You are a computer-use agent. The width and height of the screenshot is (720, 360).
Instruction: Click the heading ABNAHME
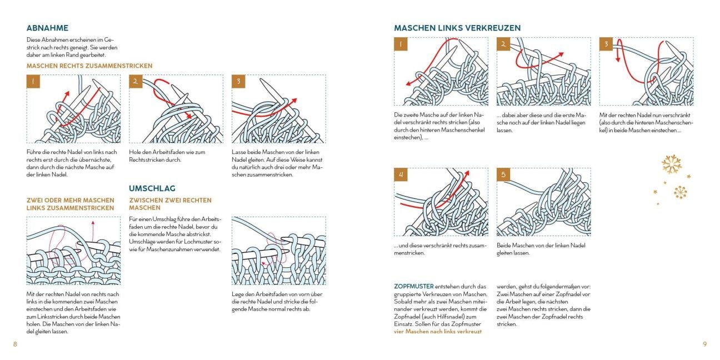pos(47,28)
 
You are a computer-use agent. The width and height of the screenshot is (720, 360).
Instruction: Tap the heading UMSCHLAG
pos(152,188)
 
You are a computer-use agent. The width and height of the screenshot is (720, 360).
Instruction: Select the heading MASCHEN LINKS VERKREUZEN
pos(457,28)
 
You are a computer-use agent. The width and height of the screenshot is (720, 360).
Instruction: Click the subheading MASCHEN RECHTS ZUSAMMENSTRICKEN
pos(89,66)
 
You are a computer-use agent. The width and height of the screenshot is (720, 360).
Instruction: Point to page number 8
pos(15,344)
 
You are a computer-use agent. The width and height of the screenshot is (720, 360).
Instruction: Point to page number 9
pos(705,344)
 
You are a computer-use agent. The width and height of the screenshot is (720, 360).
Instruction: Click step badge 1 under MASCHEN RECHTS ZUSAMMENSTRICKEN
pos(33,81)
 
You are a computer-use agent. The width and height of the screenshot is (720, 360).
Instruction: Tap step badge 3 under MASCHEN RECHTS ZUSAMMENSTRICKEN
pos(238,81)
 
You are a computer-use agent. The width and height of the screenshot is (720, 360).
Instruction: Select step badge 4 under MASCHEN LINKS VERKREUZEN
pos(401,174)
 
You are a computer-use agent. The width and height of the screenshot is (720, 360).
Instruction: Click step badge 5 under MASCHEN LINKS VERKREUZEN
pos(503,174)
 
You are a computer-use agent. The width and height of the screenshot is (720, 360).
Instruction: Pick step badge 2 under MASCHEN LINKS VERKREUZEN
pos(503,44)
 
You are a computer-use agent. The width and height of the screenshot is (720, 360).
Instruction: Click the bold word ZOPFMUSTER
pos(414,287)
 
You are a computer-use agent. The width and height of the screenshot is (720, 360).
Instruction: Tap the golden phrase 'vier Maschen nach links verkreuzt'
pos(438,332)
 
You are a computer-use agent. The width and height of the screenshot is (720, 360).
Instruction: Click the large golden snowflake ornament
pos(672,164)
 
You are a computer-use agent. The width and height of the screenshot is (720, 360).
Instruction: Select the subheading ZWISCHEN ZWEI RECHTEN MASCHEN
pos(171,204)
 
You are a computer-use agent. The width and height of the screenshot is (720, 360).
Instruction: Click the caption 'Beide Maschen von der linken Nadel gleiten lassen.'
pos(541,249)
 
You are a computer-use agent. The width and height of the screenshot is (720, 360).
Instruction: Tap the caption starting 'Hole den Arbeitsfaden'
pos(167,156)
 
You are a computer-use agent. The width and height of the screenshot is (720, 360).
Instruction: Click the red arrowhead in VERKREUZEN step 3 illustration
pos(617,59)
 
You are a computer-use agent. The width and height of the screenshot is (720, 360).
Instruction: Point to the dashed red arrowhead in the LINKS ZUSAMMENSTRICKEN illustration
pos(93,222)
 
